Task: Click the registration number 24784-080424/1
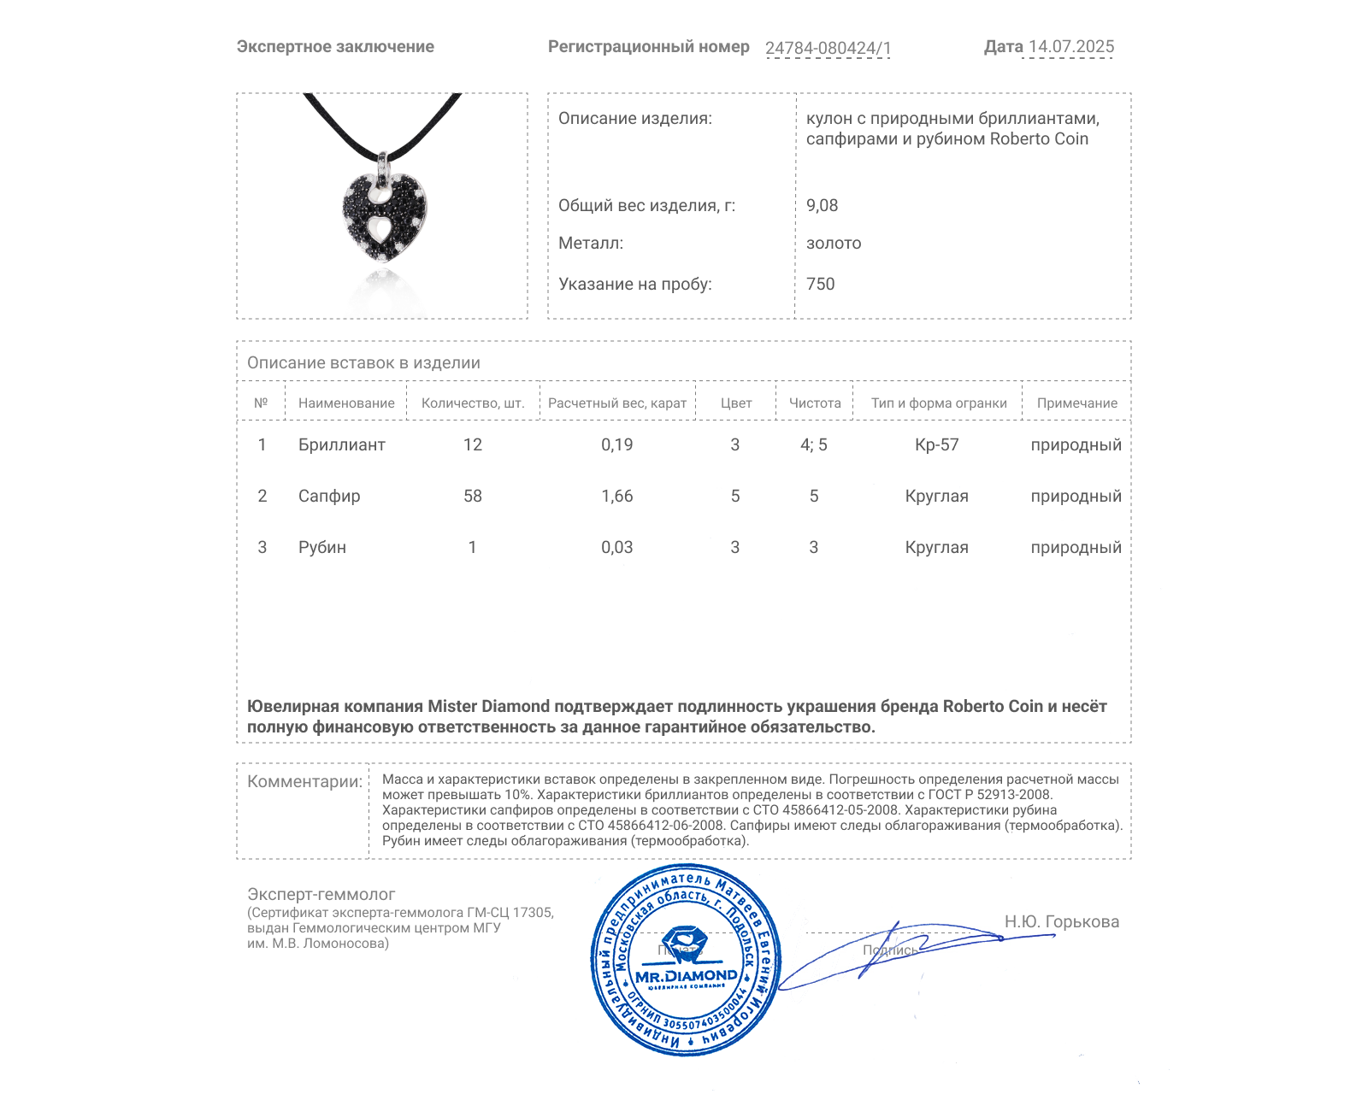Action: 828,48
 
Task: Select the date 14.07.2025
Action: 1071,47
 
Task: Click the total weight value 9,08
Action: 822,205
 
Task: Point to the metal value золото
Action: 834,244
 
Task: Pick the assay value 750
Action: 820,284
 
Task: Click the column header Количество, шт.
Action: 473,403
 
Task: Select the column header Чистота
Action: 815,403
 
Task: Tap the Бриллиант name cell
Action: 341,444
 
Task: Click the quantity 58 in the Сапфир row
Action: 473,496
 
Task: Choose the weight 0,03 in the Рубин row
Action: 616,547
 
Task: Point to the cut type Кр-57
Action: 936,444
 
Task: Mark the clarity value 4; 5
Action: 813,444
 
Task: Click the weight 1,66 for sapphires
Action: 616,496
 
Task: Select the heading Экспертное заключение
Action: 335,47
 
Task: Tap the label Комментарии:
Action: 304,781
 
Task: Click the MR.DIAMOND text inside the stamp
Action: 686,976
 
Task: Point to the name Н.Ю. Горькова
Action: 1061,921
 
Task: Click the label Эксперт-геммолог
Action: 321,894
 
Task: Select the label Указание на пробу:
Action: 634,284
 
